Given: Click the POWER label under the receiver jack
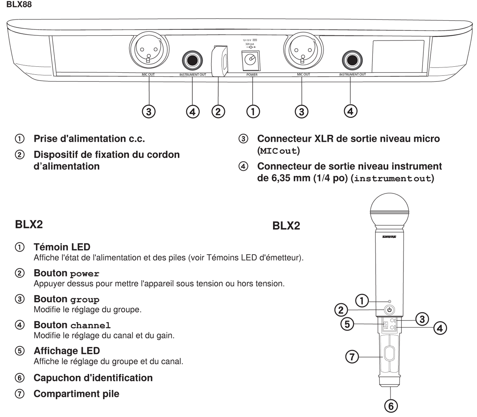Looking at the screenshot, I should click(252, 75).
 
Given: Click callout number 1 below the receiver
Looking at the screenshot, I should click(253, 111).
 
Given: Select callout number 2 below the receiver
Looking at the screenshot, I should click(218, 111).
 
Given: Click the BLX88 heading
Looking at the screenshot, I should click(19, 5).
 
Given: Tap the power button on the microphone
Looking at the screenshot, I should click(389, 310).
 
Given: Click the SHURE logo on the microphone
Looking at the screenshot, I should click(389, 237).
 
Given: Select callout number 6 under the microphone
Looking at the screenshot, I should click(391, 406).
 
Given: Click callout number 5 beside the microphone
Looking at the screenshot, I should click(347, 324).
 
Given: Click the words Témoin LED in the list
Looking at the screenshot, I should click(62, 247).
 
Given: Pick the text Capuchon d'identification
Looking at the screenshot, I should click(93, 378).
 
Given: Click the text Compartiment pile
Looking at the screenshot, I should click(76, 394).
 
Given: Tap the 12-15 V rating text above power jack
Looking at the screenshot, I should click(249, 41).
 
